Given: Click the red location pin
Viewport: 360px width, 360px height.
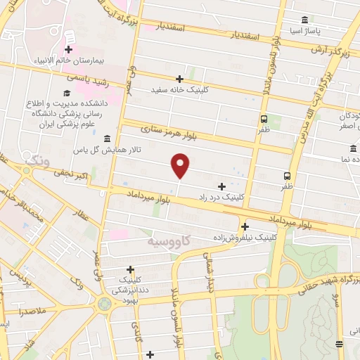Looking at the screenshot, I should (x=181, y=166).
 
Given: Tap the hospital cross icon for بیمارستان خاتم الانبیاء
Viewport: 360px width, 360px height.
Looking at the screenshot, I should (x=68, y=49).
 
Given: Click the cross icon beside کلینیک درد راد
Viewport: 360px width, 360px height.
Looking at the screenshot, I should (x=222, y=186).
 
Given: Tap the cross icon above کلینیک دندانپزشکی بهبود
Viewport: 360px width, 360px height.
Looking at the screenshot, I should (x=130, y=269).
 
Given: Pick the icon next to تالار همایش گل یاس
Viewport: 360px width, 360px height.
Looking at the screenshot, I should (x=106, y=139).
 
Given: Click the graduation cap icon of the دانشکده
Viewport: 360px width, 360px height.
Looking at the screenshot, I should (x=67, y=93).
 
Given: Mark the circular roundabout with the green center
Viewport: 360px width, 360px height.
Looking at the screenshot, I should (x=105, y=304).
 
